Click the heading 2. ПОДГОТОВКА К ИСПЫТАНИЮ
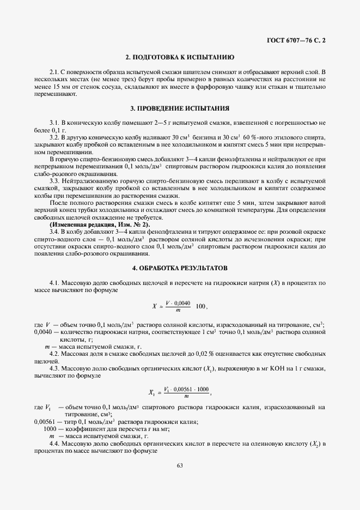180,57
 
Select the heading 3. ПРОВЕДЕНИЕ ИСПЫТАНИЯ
180,108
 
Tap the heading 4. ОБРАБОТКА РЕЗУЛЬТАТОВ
180,268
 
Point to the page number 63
180,465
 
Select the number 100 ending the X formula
200,306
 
